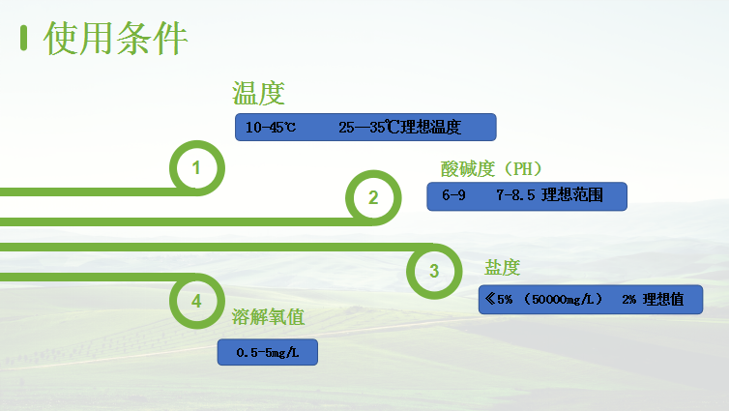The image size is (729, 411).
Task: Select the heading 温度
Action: (x=257, y=94)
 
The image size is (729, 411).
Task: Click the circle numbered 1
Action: (x=196, y=168)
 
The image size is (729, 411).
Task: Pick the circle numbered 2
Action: (x=373, y=197)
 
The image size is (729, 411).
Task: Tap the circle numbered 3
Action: (x=434, y=271)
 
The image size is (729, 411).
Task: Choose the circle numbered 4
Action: (x=196, y=300)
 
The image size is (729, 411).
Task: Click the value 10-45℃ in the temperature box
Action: (x=271, y=128)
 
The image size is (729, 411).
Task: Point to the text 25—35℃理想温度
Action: (x=400, y=128)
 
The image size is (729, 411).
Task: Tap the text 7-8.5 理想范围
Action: (x=549, y=196)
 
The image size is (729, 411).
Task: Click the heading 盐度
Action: (x=503, y=268)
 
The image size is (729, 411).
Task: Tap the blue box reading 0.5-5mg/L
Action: (x=268, y=352)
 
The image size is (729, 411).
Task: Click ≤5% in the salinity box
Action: (x=501, y=300)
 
